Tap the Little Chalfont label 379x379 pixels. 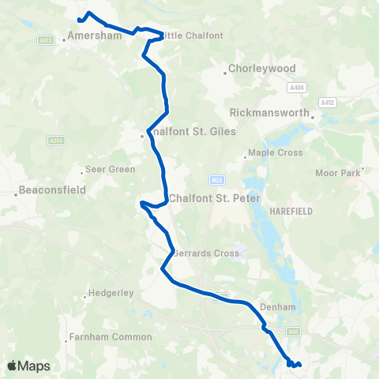(x=193, y=36)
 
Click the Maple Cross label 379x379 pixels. (x=275, y=152)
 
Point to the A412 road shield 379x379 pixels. (x=327, y=103)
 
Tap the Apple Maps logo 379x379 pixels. (x=28, y=366)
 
